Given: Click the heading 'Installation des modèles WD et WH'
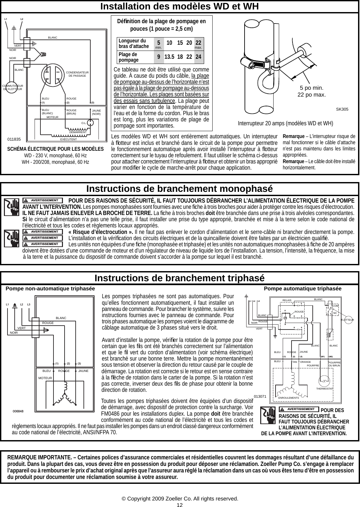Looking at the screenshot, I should point(180,7).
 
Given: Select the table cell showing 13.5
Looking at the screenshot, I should point(169,57).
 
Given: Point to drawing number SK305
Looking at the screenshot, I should point(342,109).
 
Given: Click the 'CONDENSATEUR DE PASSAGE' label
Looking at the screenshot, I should point(77,74).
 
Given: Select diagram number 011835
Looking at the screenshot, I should point(14,139).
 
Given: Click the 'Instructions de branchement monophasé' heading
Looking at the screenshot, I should point(180,189).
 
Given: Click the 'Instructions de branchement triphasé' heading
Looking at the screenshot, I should point(180,278).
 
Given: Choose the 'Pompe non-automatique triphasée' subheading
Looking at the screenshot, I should point(51,289).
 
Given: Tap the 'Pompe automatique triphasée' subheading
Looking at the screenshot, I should point(302,289).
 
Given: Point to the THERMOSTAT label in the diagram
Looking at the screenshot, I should point(324,389).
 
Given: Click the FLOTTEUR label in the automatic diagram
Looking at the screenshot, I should point(348,320).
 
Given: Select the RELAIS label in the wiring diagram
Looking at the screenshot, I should point(287,300).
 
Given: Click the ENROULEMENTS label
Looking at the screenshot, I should point(289,398).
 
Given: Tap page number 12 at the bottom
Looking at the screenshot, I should point(180,505).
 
